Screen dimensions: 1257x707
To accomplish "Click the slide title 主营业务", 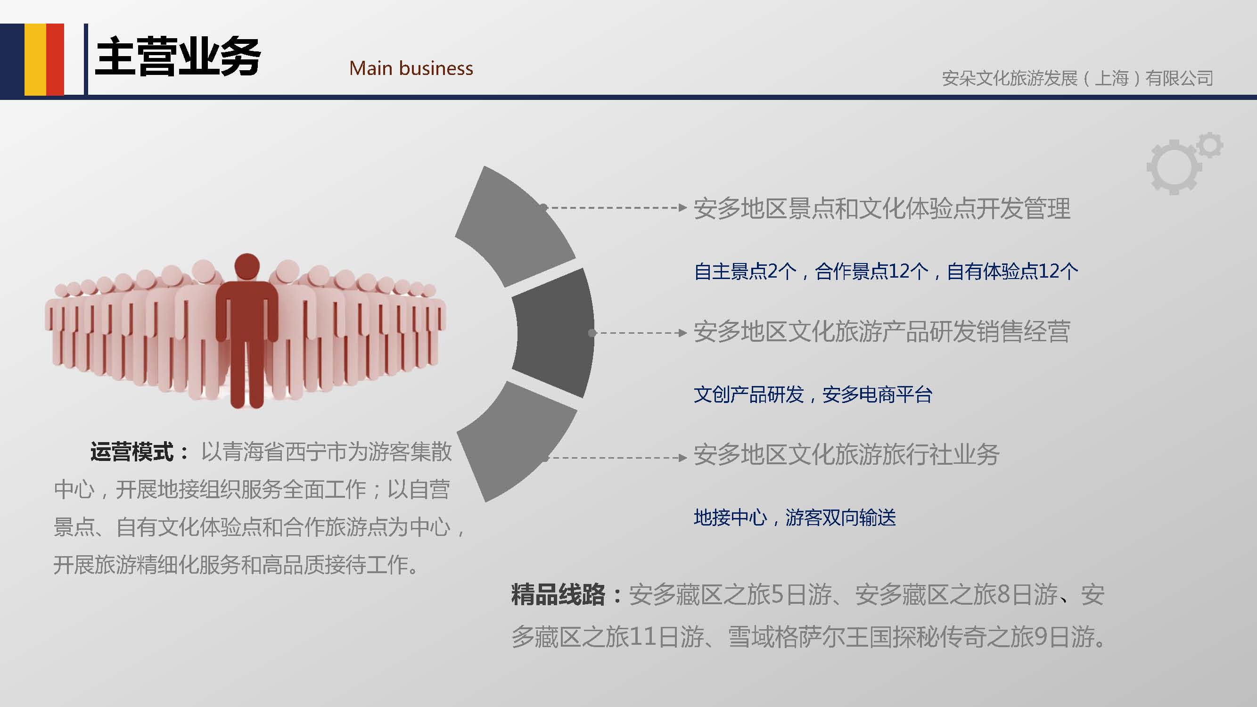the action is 178,57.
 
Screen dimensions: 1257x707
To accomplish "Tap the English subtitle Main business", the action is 411,68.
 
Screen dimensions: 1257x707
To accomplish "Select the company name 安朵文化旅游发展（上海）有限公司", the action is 1077,78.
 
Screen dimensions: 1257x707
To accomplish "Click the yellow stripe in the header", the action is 36,59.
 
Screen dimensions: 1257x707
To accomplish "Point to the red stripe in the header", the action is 55,59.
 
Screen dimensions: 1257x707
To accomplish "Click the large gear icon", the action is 1174,167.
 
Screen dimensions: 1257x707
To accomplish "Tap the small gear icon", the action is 1210,145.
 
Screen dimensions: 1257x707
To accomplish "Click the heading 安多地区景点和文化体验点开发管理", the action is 882,208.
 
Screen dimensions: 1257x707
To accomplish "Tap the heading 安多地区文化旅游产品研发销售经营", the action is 882,331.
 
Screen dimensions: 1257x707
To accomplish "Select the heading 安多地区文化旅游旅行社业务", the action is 846,454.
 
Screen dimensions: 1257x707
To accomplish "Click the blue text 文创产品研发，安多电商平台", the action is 813,394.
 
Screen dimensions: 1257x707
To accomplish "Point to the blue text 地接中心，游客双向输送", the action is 795,517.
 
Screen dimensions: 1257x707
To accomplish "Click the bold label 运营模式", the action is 132,452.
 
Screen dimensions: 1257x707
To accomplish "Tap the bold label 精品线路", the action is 558,595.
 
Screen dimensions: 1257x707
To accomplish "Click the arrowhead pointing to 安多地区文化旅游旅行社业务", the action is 682,458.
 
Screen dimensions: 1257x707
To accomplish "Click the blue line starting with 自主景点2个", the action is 886,271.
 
